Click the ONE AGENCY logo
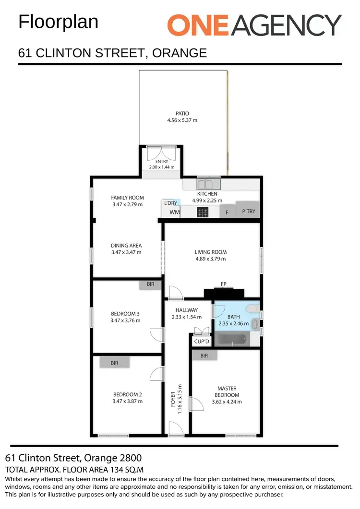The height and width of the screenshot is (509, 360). tap(254, 24)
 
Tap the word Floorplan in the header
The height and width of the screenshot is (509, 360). tap(58, 22)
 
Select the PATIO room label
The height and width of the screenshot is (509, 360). tap(182, 114)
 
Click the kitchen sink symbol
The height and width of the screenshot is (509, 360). tap(208, 184)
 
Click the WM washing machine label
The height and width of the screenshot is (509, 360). tap(174, 212)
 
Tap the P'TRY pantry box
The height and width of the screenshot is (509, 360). tap(248, 212)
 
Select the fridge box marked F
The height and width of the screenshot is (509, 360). tap(227, 212)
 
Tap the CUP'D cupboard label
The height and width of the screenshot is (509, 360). tap(202, 342)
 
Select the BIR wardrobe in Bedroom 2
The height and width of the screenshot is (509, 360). tap(114, 363)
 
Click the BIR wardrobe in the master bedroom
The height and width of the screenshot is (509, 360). tap(204, 355)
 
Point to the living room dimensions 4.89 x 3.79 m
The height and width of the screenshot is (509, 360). tap(210, 259)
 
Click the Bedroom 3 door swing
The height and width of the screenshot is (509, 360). tap(156, 334)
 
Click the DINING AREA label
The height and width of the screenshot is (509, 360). tap(126, 246)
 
